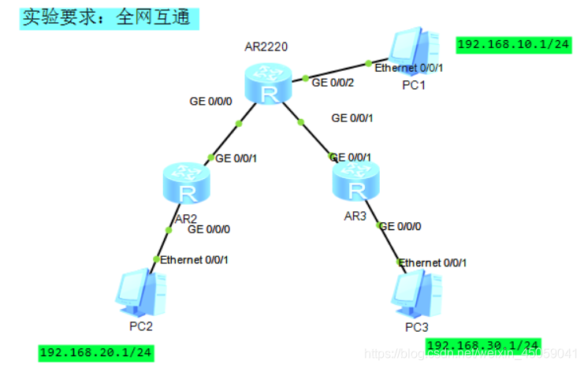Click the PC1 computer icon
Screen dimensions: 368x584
413,50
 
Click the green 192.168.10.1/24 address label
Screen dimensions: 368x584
513,44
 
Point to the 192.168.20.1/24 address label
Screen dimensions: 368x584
95,352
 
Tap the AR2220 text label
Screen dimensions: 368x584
266,47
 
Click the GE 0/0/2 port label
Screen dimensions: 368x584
333,81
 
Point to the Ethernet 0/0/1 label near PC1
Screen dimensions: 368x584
408,68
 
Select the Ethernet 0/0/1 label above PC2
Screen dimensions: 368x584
195,259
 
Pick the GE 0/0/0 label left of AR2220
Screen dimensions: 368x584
210,101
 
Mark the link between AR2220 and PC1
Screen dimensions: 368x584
337,70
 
